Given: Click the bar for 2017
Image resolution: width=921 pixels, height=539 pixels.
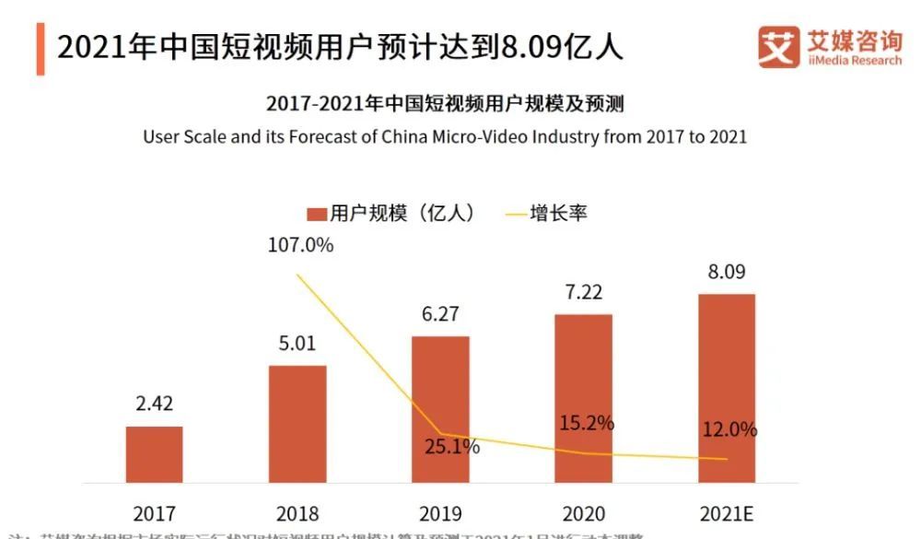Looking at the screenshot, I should (154, 454).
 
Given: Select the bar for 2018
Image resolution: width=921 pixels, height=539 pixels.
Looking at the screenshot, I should (297, 424).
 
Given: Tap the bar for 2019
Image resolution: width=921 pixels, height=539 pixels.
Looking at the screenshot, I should (440, 409).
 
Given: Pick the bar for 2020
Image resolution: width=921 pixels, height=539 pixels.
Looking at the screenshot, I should (583, 398).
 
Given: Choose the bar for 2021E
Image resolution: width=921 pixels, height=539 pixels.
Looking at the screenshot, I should (727, 388).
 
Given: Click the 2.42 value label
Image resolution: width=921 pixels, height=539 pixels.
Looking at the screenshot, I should (154, 404).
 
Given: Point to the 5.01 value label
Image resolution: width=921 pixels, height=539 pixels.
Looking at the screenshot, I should (297, 344).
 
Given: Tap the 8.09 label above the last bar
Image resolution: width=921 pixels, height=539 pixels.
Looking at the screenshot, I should (727, 273).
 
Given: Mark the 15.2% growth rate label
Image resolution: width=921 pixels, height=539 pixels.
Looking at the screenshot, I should (586, 424).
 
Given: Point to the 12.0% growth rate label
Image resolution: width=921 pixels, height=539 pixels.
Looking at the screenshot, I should (729, 429).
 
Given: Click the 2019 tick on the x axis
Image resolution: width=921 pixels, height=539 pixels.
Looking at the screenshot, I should (440, 513).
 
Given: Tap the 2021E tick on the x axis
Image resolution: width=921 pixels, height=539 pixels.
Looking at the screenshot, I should (727, 513).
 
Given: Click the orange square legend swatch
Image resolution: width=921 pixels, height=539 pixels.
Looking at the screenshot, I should (317, 214).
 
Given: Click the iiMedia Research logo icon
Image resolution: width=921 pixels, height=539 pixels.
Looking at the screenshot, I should (778, 47).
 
